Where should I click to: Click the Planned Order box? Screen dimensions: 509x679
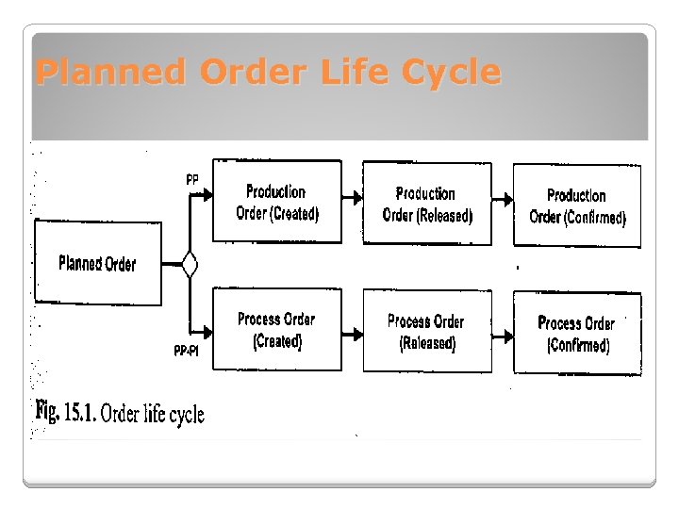[97, 263]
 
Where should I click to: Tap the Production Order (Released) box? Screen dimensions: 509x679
[426, 204]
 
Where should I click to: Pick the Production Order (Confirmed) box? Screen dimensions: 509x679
[577, 205]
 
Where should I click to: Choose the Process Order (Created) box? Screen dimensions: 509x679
[276, 330]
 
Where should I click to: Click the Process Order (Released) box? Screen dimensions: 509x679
[426, 332]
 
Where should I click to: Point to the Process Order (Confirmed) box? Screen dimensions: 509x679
[577, 333]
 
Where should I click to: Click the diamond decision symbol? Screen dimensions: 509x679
[190, 264]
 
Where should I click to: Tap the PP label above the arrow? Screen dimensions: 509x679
[191, 179]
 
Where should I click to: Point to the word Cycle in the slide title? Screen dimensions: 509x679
[450, 73]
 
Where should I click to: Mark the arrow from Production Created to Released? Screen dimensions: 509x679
[352, 198]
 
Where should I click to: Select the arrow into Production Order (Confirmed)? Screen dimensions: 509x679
[503, 200]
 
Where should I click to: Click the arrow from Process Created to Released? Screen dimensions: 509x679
[352, 333]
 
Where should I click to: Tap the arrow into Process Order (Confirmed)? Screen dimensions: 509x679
[503, 336]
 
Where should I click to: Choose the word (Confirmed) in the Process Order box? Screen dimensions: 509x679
[578, 345]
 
